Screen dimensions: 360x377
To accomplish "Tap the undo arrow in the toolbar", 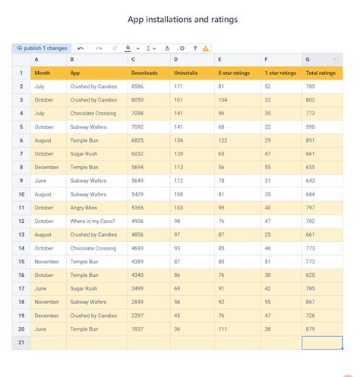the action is click(x=81, y=48).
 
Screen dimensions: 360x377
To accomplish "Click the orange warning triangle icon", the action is click(x=205, y=48).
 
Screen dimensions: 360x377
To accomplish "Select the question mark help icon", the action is click(x=194, y=48).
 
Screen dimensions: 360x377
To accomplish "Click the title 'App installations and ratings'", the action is click(x=180, y=17).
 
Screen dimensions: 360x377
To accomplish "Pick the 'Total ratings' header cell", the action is click(x=321, y=73).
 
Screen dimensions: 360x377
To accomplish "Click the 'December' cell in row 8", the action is click(x=46, y=167).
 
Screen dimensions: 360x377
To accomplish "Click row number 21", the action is click(x=21, y=343).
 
